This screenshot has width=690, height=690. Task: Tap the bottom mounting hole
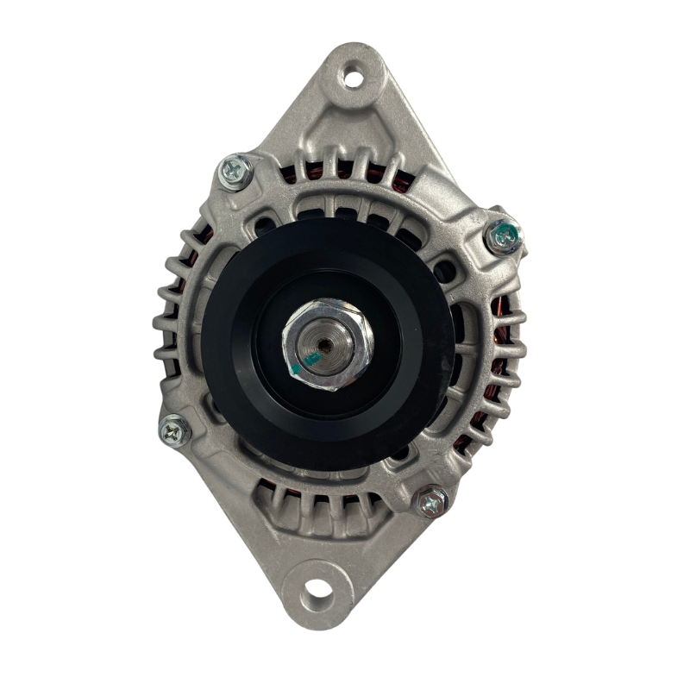click(318, 593)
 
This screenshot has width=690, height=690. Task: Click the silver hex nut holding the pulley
click(332, 344)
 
